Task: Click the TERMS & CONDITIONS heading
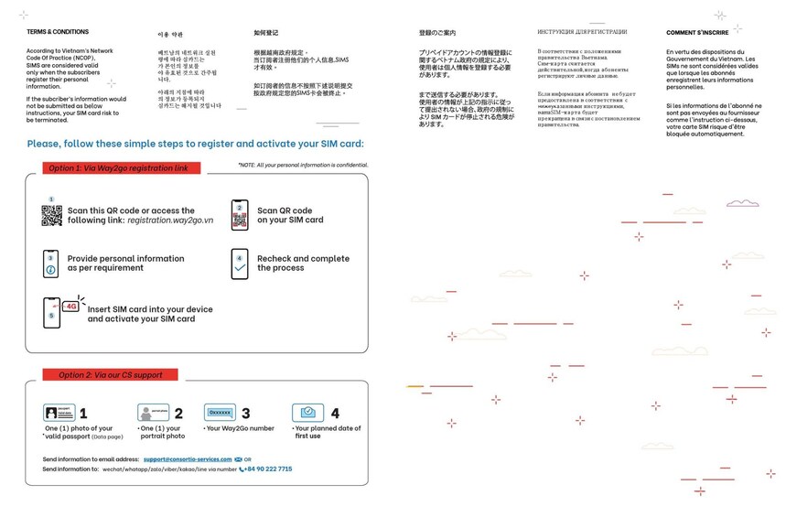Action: [58, 32]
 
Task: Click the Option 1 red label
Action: [118, 168]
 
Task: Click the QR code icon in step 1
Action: [51, 216]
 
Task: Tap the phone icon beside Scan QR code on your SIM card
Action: [240, 215]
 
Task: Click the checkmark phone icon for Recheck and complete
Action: [240, 264]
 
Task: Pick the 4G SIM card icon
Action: [58, 312]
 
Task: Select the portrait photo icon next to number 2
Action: [154, 413]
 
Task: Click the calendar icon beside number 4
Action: [308, 413]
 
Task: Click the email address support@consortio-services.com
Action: [188, 458]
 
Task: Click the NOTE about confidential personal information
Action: [303, 165]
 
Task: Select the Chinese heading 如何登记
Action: [265, 33]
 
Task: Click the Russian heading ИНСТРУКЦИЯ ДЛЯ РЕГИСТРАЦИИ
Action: [582, 32]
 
